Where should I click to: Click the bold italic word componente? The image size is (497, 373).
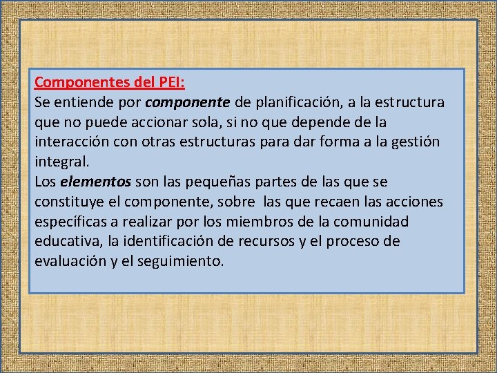(x=188, y=103)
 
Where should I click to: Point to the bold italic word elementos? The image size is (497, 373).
(x=96, y=182)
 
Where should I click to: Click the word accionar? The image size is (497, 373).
(x=160, y=123)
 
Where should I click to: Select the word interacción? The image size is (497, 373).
(x=71, y=142)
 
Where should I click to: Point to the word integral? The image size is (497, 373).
(x=61, y=162)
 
